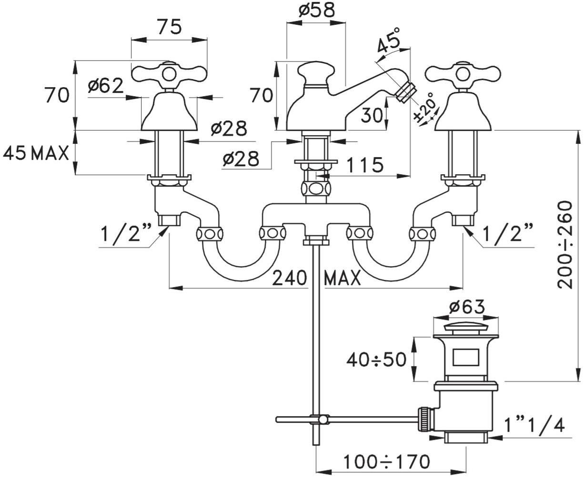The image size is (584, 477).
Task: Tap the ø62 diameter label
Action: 106,86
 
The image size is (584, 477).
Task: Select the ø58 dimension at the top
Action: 317,10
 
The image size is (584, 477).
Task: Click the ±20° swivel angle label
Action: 425,108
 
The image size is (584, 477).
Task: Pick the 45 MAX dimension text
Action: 36,153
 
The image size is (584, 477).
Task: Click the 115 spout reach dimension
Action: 364,165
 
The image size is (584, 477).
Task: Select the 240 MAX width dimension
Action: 316,278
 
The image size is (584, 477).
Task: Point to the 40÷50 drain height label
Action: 376,359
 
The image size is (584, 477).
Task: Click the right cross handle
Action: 463,74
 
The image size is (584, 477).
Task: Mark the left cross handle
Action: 169,74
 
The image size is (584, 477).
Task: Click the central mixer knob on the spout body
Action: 315,72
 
